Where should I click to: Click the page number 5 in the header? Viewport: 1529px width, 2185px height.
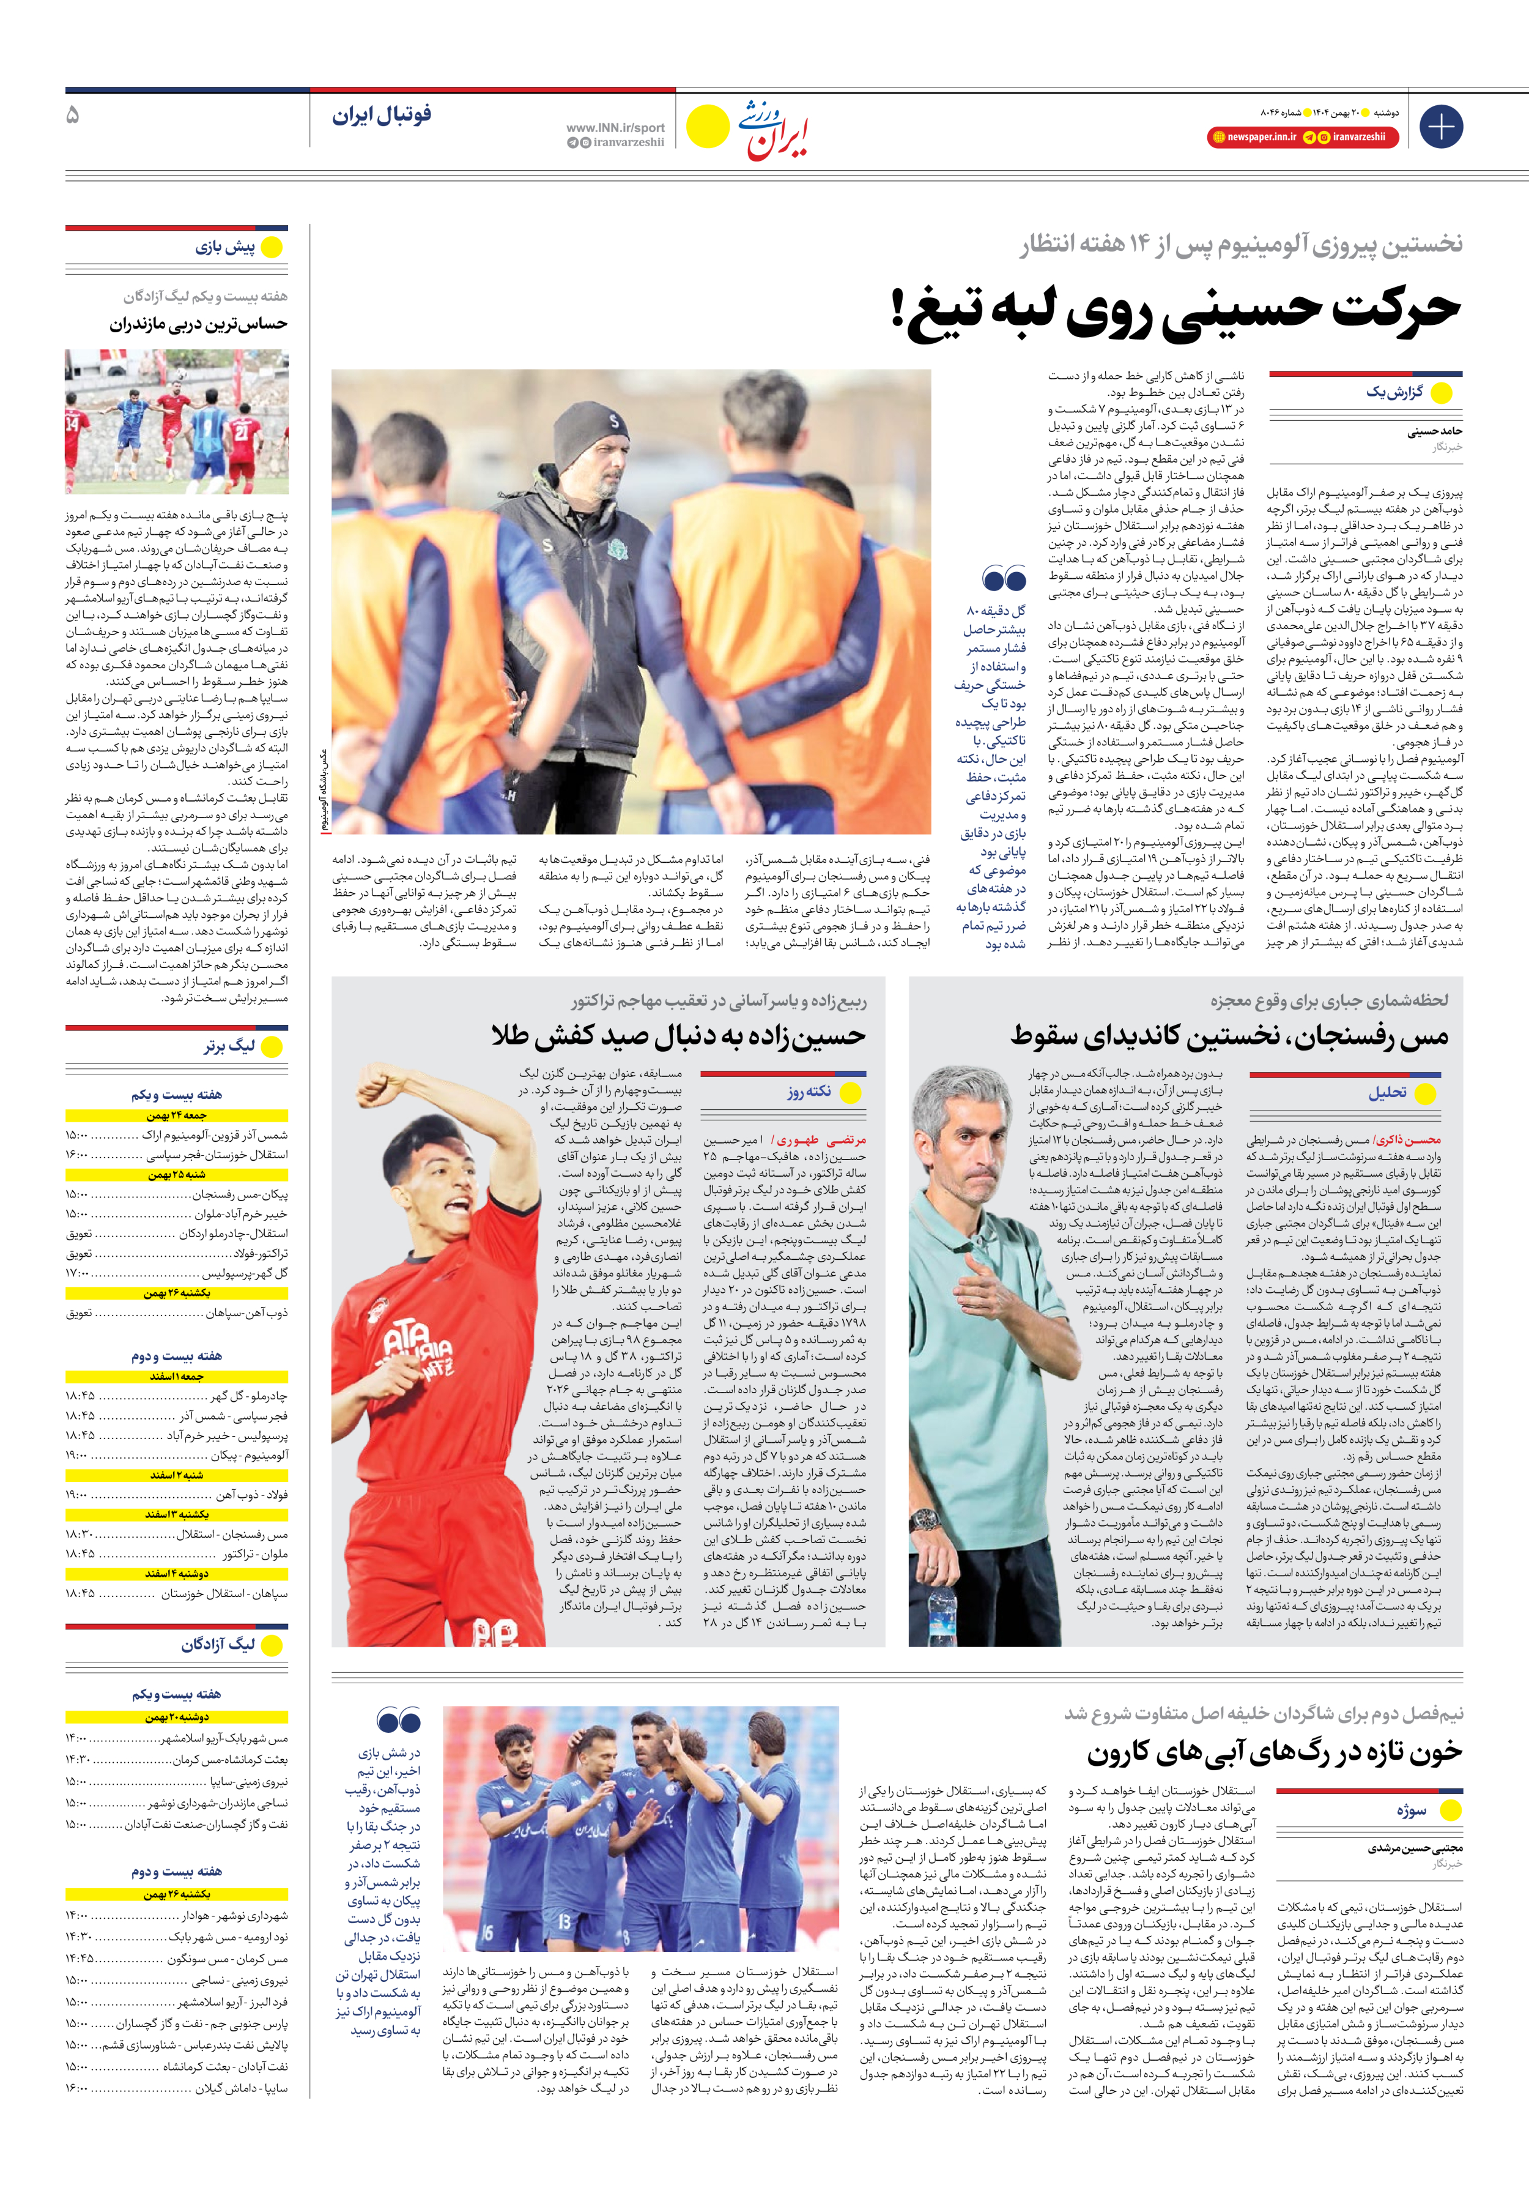(72, 115)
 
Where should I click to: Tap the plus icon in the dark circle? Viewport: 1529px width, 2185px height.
(1440, 127)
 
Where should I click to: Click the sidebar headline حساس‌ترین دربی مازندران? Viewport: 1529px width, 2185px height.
(198, 324)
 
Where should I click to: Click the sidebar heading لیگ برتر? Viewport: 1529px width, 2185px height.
(228, 1046)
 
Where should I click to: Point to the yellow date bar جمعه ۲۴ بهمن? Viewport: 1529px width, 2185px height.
(177, 1115)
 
